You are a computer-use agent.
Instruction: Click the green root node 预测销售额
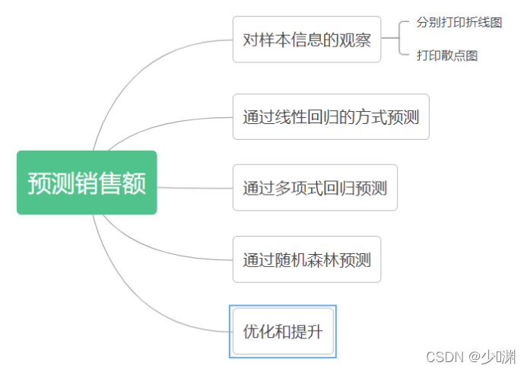coord(87,183)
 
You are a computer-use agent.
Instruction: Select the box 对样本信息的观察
coord(306,40)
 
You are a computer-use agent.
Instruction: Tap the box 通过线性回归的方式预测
coord(331,117)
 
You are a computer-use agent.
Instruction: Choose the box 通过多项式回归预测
coord(315,187)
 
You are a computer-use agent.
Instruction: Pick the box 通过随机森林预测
coord(306,259)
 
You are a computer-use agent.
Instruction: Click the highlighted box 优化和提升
coord(282,331)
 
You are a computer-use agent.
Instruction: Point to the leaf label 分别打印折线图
coord(459,23)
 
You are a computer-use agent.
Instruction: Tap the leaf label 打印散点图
coord(447,56)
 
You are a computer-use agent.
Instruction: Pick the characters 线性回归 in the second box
coord(306,117)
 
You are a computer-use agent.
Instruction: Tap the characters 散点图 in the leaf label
coord(459,56)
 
